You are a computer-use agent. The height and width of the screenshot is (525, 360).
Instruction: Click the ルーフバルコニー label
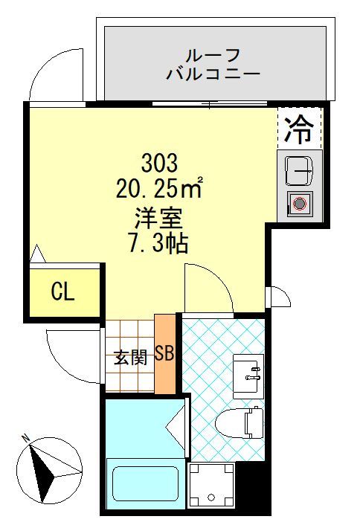pyautogui.click(x=213, y=64)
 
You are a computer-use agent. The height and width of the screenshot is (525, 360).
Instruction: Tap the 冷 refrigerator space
pyautogui.click(x=300, y=129)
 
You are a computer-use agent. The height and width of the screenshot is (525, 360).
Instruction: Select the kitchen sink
pyautogui.click(x=300, y=171)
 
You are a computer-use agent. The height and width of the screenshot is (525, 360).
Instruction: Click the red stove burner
pyautogui.click(x=300, y=202)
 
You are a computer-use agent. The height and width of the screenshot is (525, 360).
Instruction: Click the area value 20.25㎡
pyautogui.click(x=159, y=189)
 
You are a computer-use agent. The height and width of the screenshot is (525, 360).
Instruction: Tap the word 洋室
pyautogui.click(x=158, y=219)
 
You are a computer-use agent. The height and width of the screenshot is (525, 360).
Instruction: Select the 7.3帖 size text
pyautogui.click(x=158, y=243)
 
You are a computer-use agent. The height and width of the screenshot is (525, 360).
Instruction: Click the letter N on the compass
pyautogui.click(x=25, y=439)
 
